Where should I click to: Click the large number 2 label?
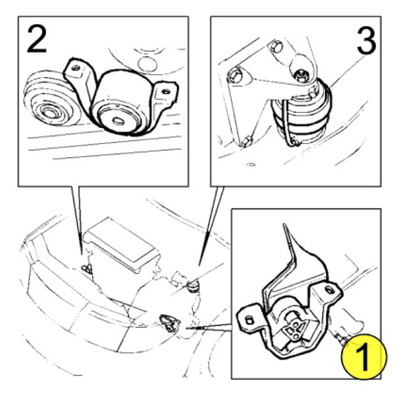[36, 40]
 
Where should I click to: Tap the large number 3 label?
[366, 41]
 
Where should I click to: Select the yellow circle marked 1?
[364, 357]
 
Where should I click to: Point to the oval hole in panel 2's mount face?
[118, 120]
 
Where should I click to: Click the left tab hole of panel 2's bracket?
[76, 68]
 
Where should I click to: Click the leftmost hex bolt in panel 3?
[234, 75]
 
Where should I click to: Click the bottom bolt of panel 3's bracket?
[247, 141]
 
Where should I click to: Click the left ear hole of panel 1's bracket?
[248, 320]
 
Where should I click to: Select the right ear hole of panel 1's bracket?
[328, 290]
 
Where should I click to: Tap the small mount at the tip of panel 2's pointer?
[87, 268]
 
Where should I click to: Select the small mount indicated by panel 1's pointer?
[169, 323]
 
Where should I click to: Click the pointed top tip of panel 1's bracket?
[284, 225]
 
